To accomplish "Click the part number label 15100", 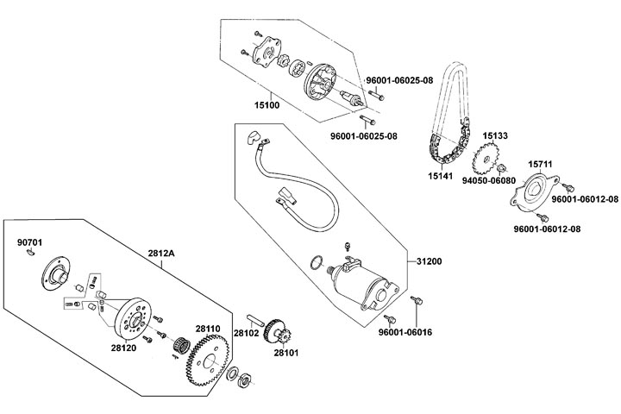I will coord(266,105).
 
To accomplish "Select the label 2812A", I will coord(161,252).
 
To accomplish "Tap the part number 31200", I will coord(429,260).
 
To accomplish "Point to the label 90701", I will coord(29,242).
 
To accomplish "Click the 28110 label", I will coord(207,329).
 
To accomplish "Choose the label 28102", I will coord(248,334).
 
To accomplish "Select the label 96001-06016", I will coord(408,332).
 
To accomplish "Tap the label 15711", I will coord(540,163).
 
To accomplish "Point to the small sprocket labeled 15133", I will coord(489,159).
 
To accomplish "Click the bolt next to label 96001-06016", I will coord(417,302).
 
